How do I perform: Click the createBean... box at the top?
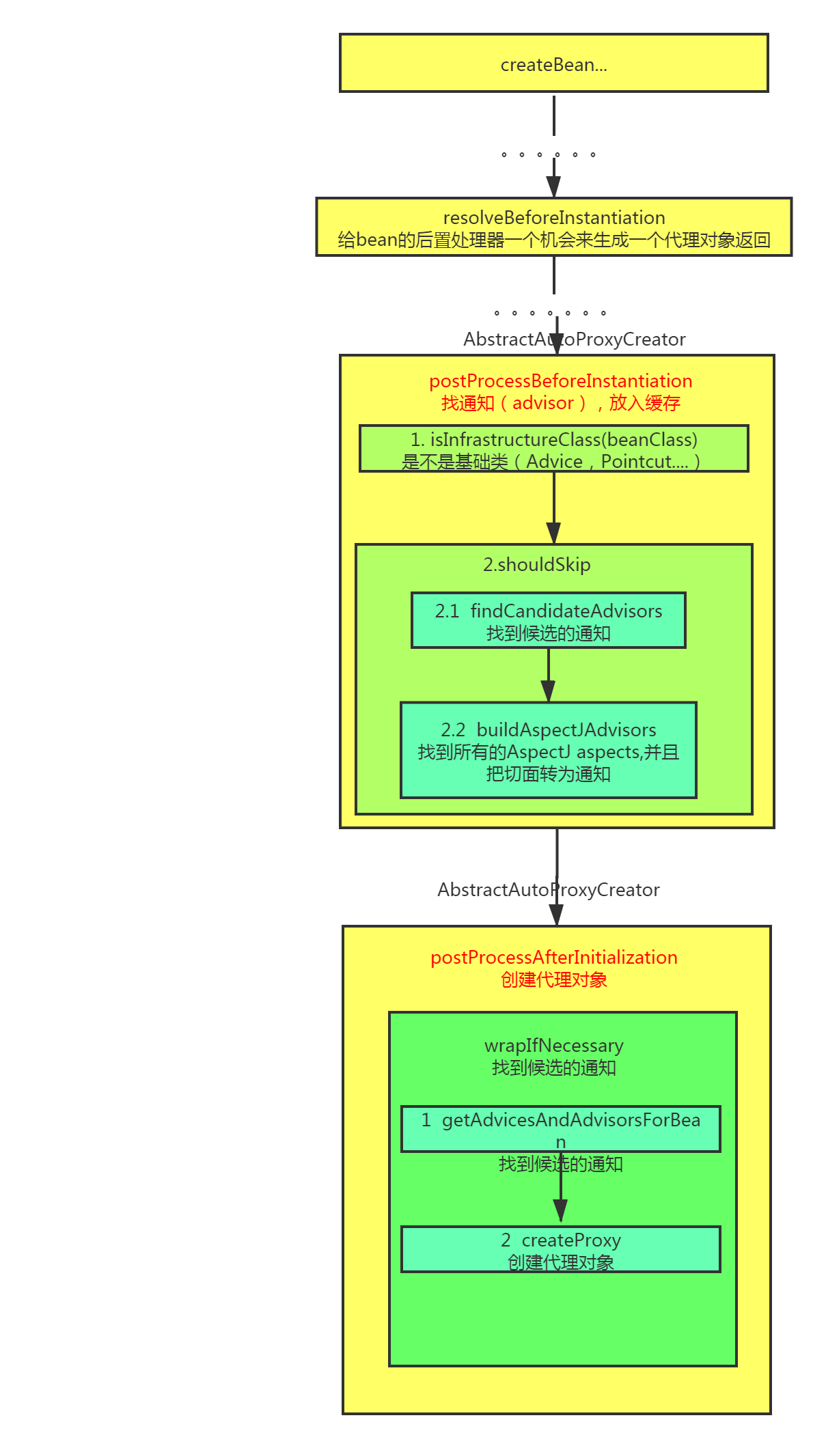[x=553, y=64]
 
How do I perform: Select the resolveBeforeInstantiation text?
[x=554, y=218]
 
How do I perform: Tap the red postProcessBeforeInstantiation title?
[x=560, y=381]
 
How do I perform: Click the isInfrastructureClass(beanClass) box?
[x=553, y=449]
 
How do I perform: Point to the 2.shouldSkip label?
[x=536, y=565]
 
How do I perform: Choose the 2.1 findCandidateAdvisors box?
[x=548, y=620]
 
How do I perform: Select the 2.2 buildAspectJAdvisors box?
[x=548, y=750]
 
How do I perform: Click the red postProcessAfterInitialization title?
[x=553, y=958]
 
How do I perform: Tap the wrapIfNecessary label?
[x=553, y=1046]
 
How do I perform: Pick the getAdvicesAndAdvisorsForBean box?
[x=560, y=1128]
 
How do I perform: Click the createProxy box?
[x=560, y=1249]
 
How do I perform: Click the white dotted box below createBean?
[x=553, y=147]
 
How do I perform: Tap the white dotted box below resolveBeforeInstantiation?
[x=555, y=305]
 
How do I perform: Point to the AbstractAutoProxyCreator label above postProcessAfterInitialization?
[x=548, y=890]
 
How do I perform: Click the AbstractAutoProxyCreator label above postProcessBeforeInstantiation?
[x=574, y=339]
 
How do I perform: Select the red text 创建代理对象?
[x=553, y=980]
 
